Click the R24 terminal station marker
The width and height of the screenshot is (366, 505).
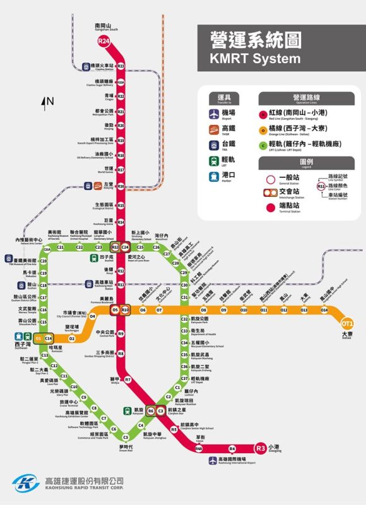[103, 42]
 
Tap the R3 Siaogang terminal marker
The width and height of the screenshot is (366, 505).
[261, 448]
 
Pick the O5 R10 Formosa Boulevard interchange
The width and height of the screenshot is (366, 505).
[120, 310]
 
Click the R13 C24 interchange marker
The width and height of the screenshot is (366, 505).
[120, 247]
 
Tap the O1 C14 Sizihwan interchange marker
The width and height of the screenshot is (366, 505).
[44, 339]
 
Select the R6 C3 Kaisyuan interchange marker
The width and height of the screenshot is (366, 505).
[155, 411]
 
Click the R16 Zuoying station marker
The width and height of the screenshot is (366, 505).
[121, 186]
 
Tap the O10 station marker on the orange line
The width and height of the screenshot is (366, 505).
[244, 310]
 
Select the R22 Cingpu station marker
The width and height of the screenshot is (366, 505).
[121, 97]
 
